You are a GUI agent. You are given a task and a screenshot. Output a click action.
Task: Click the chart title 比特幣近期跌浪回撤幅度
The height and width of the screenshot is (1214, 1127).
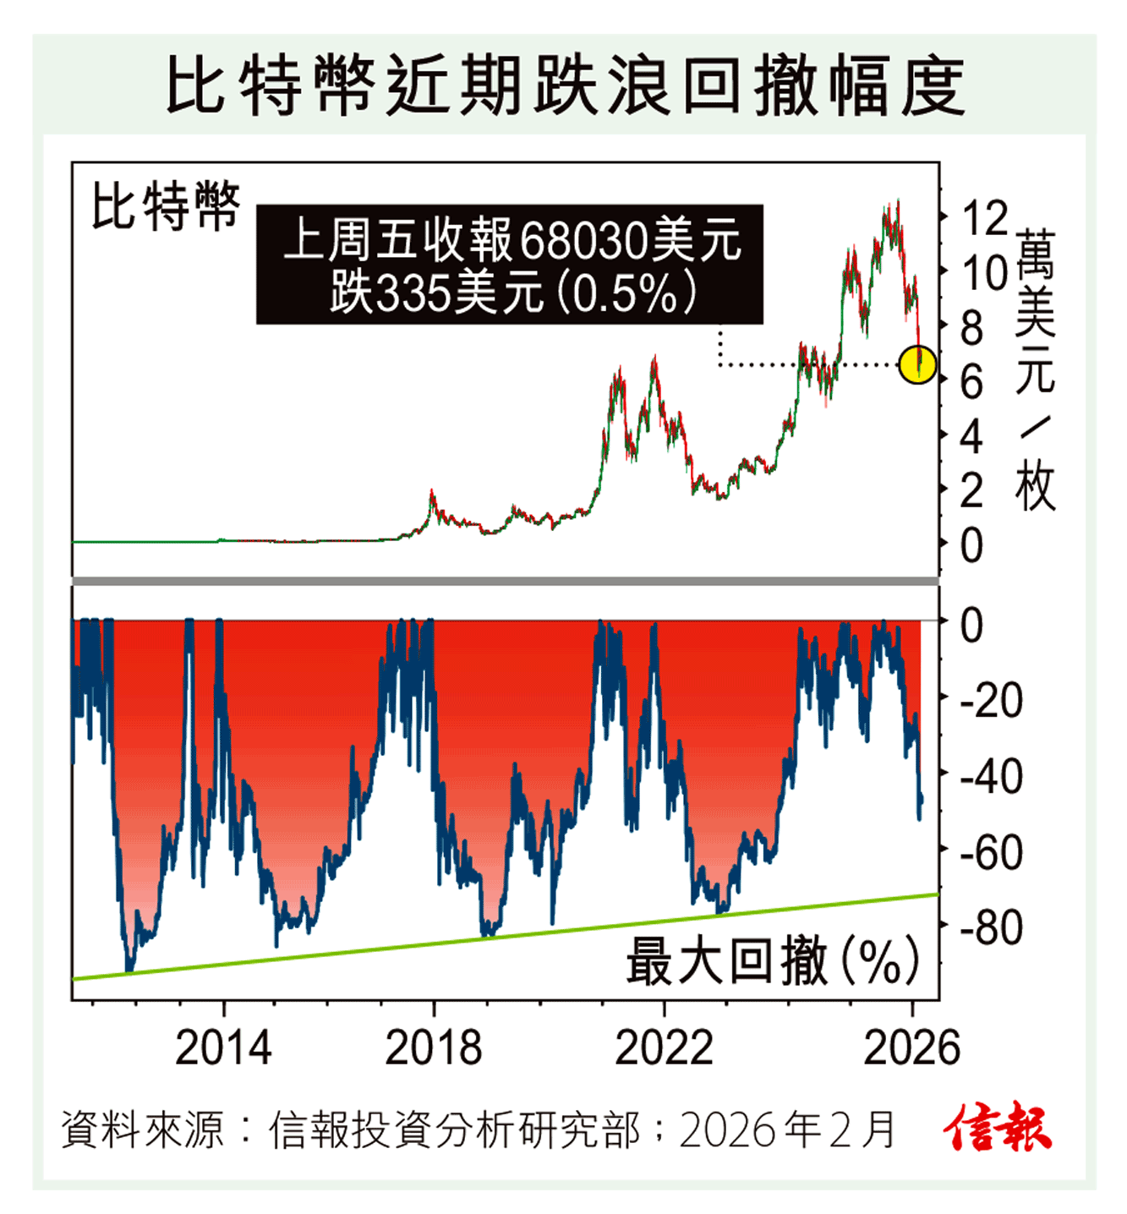tap(564, 86)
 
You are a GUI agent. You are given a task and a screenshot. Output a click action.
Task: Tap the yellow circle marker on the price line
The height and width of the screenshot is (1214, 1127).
tap(917, 364)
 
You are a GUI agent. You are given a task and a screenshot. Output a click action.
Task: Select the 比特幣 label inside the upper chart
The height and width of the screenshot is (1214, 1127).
tap(166, 205)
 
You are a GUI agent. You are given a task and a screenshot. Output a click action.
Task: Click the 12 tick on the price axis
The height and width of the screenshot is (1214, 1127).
tap(985, 218)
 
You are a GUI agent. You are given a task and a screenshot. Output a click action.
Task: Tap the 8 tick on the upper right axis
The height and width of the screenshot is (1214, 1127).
tap(972, 328)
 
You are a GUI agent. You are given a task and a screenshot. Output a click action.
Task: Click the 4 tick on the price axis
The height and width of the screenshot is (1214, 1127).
tap(972, 437)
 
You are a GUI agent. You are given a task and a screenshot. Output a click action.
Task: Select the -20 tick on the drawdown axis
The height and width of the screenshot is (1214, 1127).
tap(991, 701)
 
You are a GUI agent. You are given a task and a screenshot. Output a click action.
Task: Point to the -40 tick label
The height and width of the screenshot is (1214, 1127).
tap(991, 776)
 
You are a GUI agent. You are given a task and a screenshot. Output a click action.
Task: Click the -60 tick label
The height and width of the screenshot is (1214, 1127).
tap(991, 852)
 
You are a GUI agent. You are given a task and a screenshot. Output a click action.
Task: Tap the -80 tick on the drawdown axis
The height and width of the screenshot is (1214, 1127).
tap(991, 927)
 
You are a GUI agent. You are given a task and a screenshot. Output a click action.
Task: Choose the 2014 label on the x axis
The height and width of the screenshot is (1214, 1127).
tap(223, 1048)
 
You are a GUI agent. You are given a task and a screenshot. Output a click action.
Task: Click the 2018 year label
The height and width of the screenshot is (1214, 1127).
tap(433, 1048)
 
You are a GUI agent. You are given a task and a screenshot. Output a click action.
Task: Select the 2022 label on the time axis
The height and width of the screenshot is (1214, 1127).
tap(664, 1048)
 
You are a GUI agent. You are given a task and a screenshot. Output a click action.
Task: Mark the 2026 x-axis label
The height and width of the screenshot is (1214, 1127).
tap(911, 1048)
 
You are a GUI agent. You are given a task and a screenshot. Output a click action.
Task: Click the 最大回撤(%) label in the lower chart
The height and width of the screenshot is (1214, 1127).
tap(771, 960)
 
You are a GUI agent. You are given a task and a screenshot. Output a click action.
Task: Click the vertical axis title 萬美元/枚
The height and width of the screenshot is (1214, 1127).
tap(1036, 369)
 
